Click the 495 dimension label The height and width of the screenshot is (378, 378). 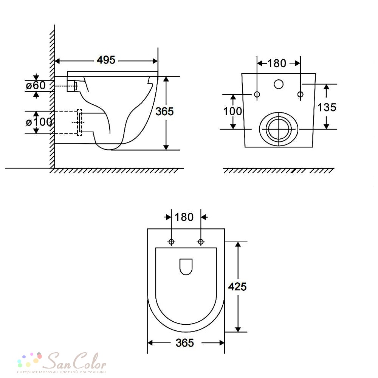106,60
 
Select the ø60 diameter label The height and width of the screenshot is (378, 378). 36,85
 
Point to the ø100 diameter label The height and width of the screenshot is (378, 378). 39,122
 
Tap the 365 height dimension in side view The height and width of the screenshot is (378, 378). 164,112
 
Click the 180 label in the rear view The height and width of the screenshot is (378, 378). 277,64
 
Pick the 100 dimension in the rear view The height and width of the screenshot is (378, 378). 232,112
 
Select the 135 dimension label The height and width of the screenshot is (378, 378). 327,107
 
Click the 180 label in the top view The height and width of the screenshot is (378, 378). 184,217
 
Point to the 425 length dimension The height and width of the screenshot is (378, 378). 237,287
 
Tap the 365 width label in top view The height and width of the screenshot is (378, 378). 185,343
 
